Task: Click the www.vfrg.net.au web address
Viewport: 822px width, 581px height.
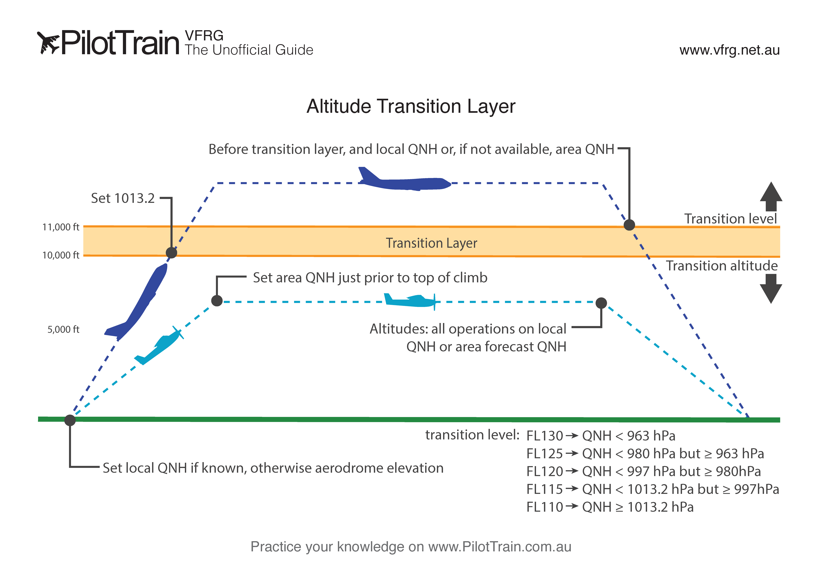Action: point(729,50)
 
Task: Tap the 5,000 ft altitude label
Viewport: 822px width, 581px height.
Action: point(63,329)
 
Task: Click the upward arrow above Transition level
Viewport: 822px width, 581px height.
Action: point(771,196)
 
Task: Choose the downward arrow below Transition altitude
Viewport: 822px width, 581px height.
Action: point(771,289)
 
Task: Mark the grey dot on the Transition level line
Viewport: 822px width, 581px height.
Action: point(629,225)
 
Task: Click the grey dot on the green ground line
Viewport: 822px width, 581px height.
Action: point(70,420)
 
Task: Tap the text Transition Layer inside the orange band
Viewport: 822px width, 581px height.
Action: point(431,243)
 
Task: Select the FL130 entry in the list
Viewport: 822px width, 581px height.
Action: point(545,436)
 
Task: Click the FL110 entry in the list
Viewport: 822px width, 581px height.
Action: point(545,507)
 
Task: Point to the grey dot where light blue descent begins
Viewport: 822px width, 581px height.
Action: point(601,303)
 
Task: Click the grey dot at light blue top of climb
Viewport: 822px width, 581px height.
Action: point(217,301)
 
